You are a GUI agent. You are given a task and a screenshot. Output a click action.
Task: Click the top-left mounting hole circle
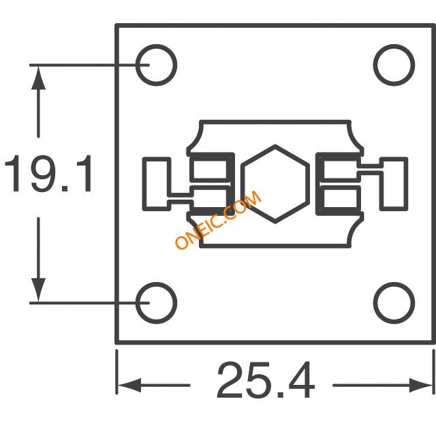pos(156,44)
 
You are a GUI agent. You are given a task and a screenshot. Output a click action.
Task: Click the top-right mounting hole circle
pos(394,44)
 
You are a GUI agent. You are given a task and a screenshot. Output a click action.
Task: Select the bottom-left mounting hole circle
pos(156,283)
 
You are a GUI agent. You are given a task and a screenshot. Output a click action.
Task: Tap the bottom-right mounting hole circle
pos(394,283)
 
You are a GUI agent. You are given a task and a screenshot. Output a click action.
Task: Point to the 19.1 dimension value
pos(48,174)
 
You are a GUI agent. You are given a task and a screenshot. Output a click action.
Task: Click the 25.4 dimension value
pos(266,380)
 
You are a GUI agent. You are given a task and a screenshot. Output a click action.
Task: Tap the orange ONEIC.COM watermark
pos(218,219)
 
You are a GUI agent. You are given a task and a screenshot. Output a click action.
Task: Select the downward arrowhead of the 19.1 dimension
pos(38,290)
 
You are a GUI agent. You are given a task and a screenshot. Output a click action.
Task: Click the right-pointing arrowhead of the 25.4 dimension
pos(421,385)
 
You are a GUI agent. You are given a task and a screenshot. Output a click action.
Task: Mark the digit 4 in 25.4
pos(302,380)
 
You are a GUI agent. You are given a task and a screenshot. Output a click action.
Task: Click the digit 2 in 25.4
pos(230,380)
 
